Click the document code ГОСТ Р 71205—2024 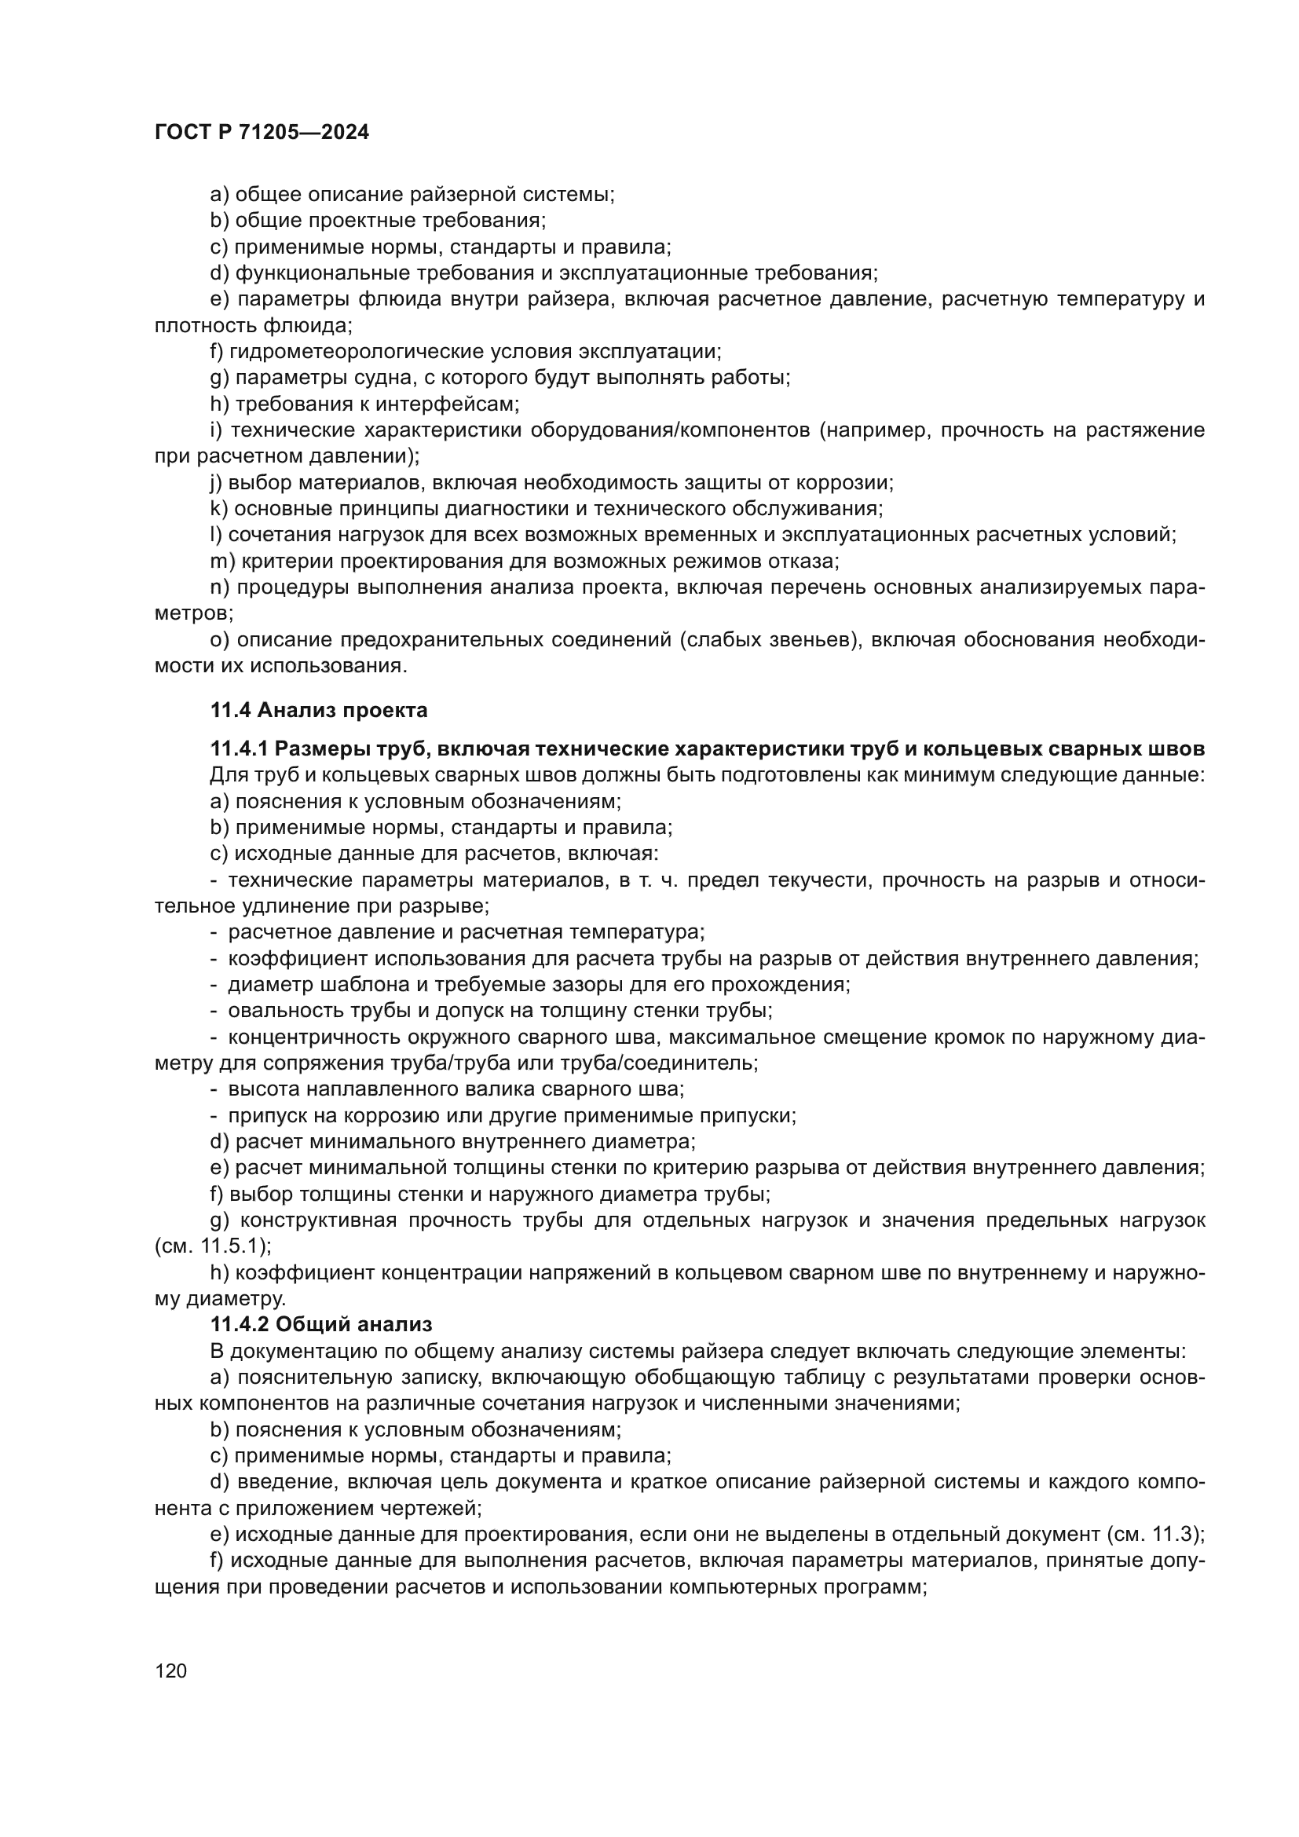click(262, 133)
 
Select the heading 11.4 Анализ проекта click(318, 710)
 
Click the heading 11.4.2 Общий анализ click(320, 1324)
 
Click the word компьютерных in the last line click(746, 1586)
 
